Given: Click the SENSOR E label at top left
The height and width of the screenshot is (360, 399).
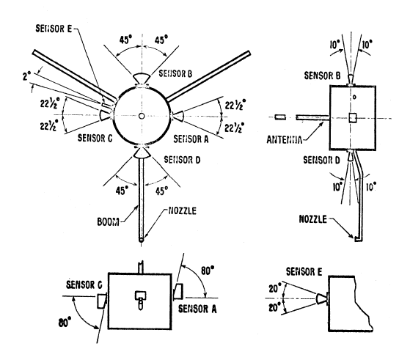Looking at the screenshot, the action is tap(54, 29).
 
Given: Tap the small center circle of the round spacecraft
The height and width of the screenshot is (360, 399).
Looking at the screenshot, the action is tap(142, 116).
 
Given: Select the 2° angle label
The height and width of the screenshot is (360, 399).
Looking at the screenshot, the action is tap(26, 76).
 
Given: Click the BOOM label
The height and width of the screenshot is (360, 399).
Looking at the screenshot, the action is tap(108, 222).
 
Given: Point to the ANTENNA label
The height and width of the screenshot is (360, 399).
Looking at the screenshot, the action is tap(285, 140).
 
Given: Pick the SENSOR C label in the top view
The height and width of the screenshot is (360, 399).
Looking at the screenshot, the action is tap(95, 138).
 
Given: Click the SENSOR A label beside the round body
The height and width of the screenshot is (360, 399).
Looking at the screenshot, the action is tap(191, 139).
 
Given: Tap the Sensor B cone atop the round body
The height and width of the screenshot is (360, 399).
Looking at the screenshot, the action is tap(142, 78).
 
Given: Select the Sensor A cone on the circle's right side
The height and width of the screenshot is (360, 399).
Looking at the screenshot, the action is tap(178, 116).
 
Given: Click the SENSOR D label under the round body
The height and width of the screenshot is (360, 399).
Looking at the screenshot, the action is tap(182, 160).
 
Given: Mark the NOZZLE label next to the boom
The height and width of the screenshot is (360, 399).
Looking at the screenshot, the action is tap(183, 211).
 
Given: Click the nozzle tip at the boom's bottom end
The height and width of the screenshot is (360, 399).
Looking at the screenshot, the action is tap(142, 240).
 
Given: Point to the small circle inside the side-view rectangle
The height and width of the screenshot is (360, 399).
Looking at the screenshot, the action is tap(354, 97).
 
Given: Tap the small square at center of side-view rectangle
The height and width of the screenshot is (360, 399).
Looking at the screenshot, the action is tap(353, 118).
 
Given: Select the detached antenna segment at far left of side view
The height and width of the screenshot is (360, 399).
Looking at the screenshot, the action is tap(280, 117).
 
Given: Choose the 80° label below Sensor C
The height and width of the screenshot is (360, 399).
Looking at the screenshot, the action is tap(65, 323).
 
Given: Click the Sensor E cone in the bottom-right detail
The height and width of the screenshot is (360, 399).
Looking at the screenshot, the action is tap(321, 298).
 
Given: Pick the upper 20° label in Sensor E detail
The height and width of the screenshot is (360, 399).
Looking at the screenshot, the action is tap(275, 289).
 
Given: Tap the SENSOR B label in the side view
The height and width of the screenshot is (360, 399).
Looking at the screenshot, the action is tap(322, 76).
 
